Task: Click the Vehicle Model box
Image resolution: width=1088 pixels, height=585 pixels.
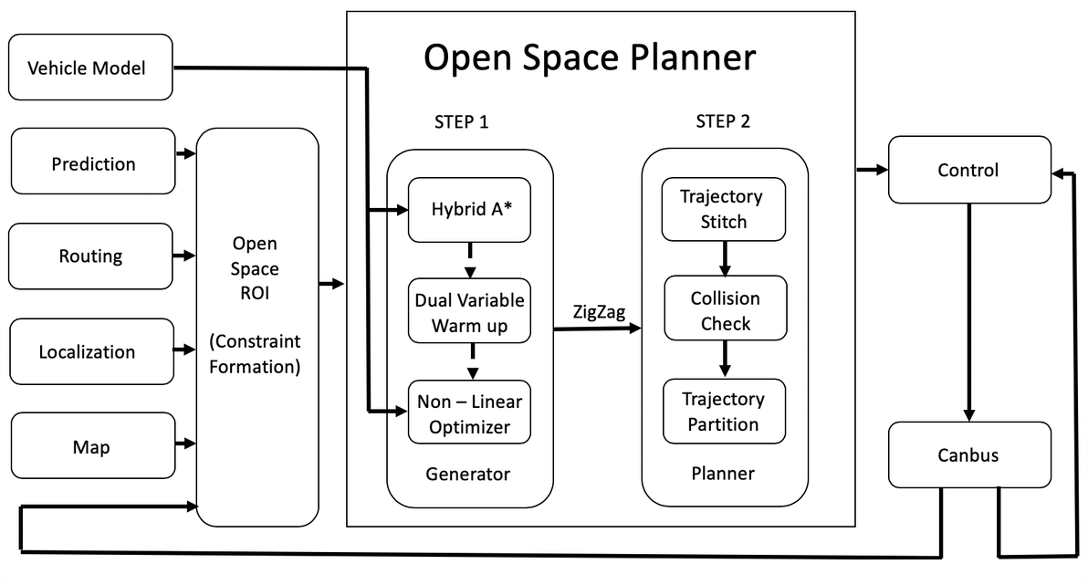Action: coord(90,68)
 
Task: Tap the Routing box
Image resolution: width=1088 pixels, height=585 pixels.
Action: coord(90,256)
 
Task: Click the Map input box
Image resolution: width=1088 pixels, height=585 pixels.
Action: coord(91,446)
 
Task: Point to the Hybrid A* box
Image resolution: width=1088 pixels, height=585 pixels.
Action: coord(469,210)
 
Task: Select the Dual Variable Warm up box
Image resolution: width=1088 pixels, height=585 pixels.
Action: coord(469,311)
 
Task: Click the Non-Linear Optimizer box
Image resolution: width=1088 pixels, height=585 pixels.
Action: coord(469,413)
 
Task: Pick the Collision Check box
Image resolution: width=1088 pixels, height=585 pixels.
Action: coord(725,310)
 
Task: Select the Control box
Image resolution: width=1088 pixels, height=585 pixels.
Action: coord(968,170)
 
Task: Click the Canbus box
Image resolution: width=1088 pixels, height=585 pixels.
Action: coord(968,454)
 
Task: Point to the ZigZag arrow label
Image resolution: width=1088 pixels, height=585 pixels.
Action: coord(598,311)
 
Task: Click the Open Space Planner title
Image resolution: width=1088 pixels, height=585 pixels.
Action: coord(590,57)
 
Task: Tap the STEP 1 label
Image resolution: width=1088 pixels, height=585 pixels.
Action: coord(467,122)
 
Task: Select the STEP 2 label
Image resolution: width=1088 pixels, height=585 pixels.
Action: coord(723,122)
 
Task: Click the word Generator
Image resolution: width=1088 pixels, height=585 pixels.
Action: coord(467,474)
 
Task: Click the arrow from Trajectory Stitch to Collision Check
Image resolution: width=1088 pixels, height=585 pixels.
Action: coord(725,258)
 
